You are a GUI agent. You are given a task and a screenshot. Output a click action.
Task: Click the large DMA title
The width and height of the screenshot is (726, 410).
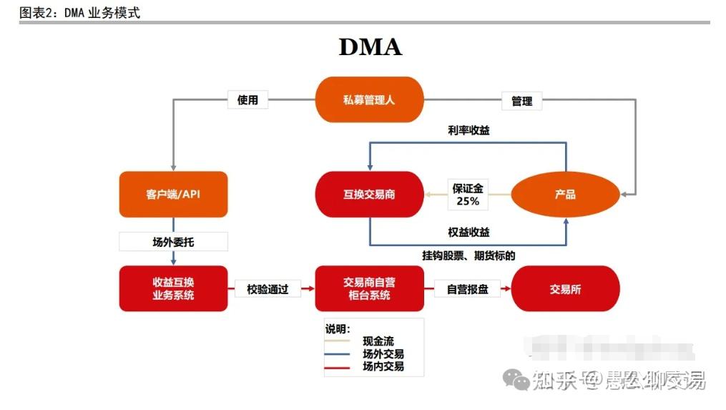[370, 47]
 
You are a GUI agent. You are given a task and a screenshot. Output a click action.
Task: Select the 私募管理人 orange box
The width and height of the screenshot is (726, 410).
[370, 99]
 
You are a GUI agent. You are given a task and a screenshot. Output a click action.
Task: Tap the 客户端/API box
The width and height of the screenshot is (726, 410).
[173, 194]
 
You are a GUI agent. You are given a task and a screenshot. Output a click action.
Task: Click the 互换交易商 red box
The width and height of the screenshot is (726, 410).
[369, 194]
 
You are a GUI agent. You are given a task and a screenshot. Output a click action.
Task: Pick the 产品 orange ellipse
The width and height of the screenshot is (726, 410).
[565, 194]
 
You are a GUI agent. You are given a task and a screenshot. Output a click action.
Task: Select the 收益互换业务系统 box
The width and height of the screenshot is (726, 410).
[173, 288]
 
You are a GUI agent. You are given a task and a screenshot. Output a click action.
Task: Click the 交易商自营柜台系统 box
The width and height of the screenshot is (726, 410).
[369, 288]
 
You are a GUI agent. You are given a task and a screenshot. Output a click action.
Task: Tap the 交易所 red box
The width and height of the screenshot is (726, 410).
[565, 289]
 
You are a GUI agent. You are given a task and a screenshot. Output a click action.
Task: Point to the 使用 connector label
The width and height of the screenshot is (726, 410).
[247, 100]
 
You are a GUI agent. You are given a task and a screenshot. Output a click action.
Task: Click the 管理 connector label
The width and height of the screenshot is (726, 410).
[521, 101]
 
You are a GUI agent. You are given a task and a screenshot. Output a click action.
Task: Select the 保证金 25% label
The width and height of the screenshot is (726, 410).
[468, 195]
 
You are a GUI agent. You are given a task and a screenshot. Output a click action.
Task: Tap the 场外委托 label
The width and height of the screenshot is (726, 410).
[173, 242]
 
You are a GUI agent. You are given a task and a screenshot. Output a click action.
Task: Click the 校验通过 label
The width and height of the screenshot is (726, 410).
[268, 290]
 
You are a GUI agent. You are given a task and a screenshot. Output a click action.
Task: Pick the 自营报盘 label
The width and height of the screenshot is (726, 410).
[467, 290]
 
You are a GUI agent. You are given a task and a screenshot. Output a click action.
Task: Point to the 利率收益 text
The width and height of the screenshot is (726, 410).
[469, 130]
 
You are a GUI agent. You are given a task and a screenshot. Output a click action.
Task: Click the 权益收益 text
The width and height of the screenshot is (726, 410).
[469, 233]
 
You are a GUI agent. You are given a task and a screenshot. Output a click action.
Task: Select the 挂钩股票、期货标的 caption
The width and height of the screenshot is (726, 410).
[469, 255]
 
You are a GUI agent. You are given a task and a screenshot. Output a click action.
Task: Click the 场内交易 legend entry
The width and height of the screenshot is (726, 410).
[383, 366]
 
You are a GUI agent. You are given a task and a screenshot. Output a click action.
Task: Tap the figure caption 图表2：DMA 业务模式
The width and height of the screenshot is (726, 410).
[79, 12]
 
